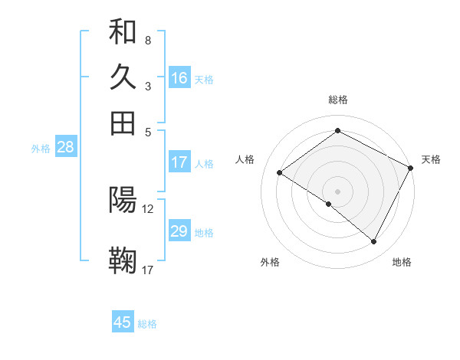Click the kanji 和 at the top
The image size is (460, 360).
click(123, 32)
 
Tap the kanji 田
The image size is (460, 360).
click(123, 123)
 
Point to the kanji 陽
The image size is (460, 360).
click(123, 200)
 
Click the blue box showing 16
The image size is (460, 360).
click(179, 77)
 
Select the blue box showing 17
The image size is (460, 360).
click(179, 162)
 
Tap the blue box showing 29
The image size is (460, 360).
click(179, 231)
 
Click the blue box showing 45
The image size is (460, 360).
click(123, 322)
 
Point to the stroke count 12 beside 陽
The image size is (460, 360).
click(148, 208)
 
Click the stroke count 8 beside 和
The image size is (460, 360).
click(147, 40)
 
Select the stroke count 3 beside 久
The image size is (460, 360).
click(147, 86)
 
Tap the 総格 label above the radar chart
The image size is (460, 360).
click(337, 100)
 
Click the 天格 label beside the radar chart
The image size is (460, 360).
click(431, 159)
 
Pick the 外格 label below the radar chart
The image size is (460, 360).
click(270, 263)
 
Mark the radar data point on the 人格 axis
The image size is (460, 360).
click(279, 172)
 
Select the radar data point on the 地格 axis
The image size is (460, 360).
click(374, 242)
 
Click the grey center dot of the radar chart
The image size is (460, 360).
click(337, 191)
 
